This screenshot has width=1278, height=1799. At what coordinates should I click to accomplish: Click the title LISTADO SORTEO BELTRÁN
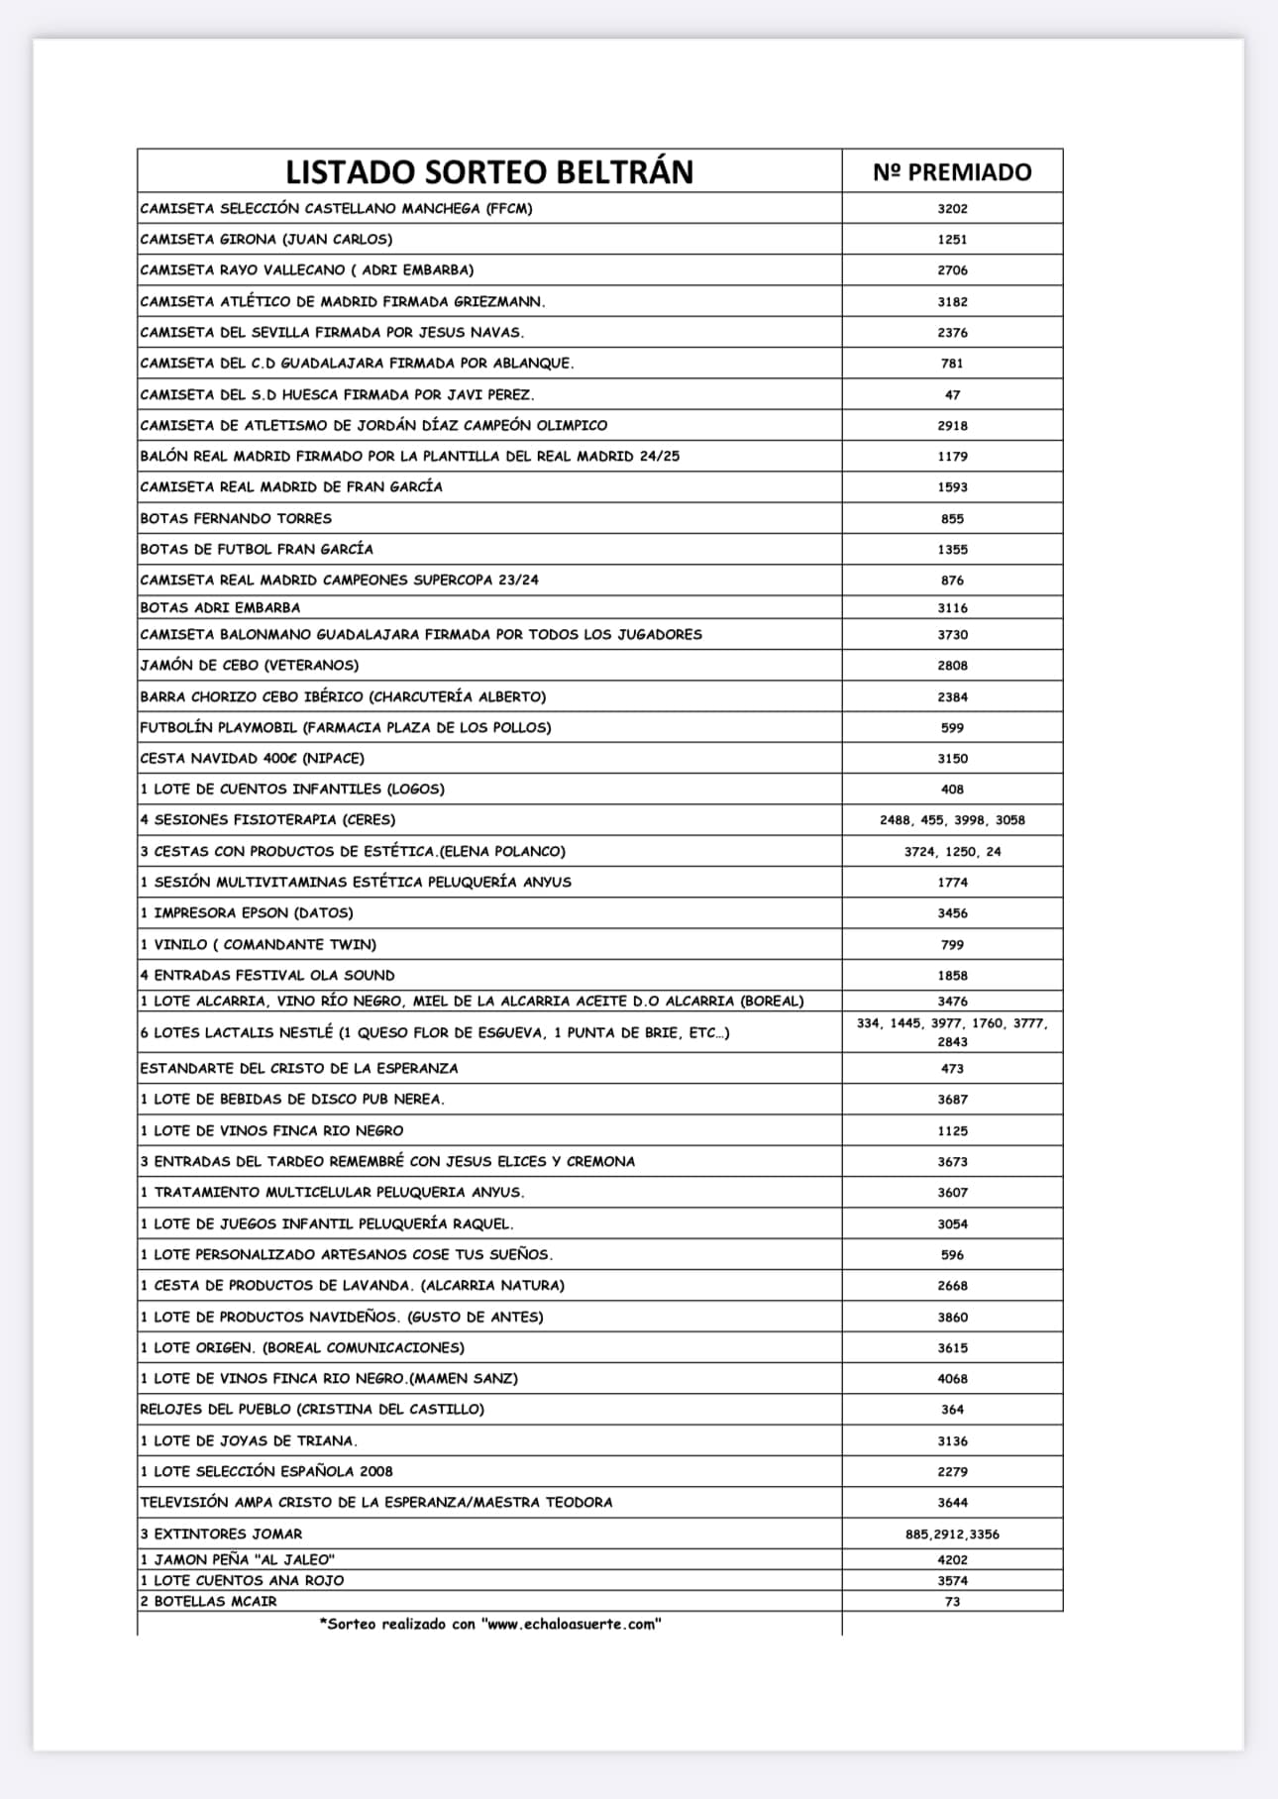[489, 171]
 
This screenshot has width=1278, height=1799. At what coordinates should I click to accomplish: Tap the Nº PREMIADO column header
[952, 171]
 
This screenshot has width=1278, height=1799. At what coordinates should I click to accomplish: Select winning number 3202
[952, 208]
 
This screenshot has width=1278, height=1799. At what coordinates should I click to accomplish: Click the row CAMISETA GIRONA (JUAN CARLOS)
[266, 239]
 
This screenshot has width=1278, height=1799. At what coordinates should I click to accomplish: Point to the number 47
[952, 394]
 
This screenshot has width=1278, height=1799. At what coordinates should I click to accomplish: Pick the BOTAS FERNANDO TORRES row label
[236, 518]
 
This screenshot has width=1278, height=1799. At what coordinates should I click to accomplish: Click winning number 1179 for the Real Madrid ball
[952, 456]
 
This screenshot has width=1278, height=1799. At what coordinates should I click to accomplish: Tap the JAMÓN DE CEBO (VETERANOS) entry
[250, 665]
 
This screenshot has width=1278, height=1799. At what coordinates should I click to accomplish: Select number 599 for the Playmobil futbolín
[952, 727]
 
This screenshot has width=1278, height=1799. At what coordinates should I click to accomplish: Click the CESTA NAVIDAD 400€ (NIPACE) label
[253, 758]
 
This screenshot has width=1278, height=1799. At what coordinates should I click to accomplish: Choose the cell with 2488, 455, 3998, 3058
[952, 819]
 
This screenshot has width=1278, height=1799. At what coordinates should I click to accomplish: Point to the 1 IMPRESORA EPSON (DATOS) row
[247, 912]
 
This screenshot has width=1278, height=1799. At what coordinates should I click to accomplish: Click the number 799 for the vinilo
[952, 944]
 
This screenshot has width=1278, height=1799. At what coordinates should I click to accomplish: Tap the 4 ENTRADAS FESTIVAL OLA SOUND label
[267, 975]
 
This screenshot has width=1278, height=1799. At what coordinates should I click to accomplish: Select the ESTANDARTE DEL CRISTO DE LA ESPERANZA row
[299, 1068]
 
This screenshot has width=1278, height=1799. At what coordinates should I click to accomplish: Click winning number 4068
[952, 1378]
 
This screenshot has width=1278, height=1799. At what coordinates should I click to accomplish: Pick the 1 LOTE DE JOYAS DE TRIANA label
[249, 1440]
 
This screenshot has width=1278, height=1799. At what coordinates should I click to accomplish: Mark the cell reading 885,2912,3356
[952, 1534]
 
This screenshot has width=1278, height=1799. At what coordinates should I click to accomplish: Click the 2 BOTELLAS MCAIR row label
[209, 1601]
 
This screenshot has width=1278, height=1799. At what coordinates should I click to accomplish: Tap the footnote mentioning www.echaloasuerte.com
[490, 1624]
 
